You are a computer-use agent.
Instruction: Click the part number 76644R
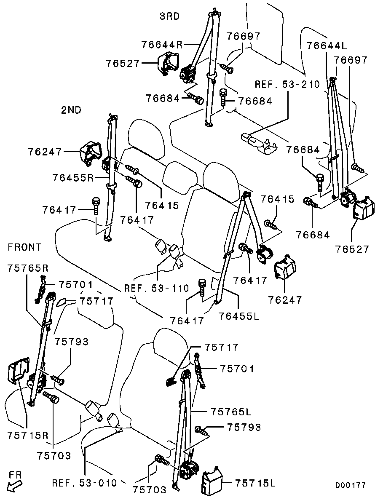pyautogui.click(x=162, y=45)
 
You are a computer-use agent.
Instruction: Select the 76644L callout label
pyautogui.click(x=327, y=46)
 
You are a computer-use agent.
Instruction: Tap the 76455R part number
pyautogui.click(x=73, y=178)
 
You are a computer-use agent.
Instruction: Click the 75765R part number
pyautogui.click(x=28, y=269)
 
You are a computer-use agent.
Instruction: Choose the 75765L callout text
pyautogui.click(x=231, y=412)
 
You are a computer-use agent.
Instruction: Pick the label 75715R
pyautogui.click(x=28, y=435)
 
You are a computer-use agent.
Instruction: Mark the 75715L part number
pyautogui.click(x=255, y=483)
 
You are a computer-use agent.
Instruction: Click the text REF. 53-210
pyautogui.click(x=287, y=85)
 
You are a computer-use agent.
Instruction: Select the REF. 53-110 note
pyautogui.click(x=157, y=289)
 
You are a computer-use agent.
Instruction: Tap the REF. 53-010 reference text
pyautogui.click(x=85, y=483)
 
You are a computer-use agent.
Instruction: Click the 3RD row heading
pyautogui.click(x=170, y=16)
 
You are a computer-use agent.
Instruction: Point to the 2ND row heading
pyautogui.click(x=71, y=110)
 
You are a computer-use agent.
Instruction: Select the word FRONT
pyautogui.click(x=24, y=247)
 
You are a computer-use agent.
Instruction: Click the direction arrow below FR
pyautogui.click(x=15, y=487)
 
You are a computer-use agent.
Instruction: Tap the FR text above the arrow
pyautogui.click(x=15, y=475)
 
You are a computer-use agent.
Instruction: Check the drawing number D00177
pyautogui.click(x=350, y=485)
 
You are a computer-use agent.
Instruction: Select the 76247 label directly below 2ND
pyautogui.click(x=45, y=152)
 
